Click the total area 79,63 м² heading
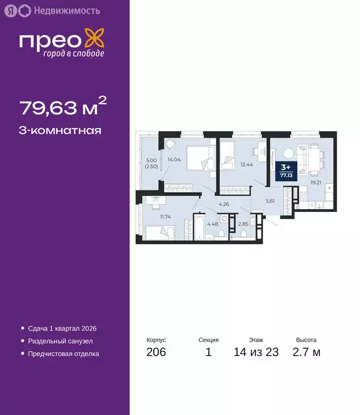pos(59,108)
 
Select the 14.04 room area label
pos(174,159)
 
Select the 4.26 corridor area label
pos(224,204)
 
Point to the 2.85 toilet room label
pos(243,224)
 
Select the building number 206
pos(156,352)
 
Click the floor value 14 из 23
pos(256,352)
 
